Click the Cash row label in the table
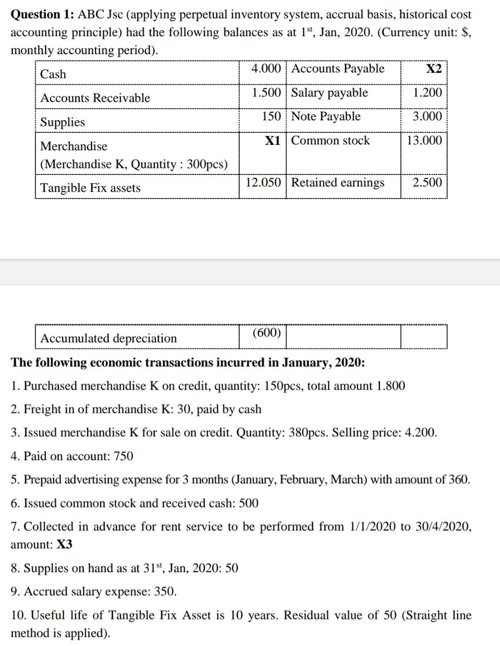pyautogui.click(x=53, y=74)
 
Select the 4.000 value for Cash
pyautogui.click(x=266, y=68)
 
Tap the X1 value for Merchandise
pyautogui.click(x=273, y=141)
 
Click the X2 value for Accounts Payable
pyautogui.click(x=433, y=69)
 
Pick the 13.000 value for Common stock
pyautogui.click(x=424, y=141)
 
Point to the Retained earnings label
pyautogui.click(x=337, y=183)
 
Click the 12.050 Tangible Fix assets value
pyautogui.click(x=263, y=182)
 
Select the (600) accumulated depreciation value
pyautogui.click(x=267, y=333)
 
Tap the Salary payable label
pyautogui.click(x=329, y=93)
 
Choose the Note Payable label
pyautogui.click(x=325, y=117)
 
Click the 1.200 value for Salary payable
pyautogui.click(x=427, y=93)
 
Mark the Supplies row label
pyautogui.click(x=62, y=122)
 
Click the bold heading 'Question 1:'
pyautogui.click(x=42, y=15)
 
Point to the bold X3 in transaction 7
pyautogui.click(x=64, y=545)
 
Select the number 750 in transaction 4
pyautogui.click(x=123, y=456)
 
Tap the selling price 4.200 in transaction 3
pyautogui.click(x=420, y=433)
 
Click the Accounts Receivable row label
pyautogui.click(x=95, y=98)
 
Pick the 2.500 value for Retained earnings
pyautogui.click(x=427, y=182)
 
